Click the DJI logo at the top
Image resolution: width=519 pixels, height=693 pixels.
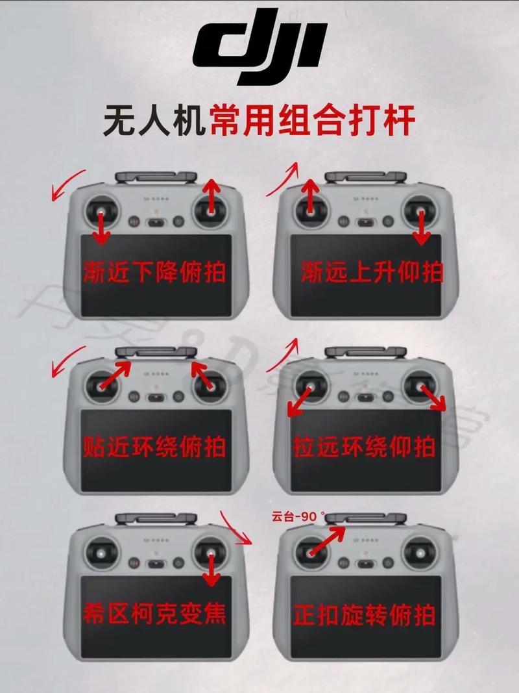(260, 53)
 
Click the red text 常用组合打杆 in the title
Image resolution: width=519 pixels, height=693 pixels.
(312, 121)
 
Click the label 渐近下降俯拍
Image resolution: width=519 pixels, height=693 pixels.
(154, 272)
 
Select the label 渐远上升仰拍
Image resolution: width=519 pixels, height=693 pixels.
(372, 272)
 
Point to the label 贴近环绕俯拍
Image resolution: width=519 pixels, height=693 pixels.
(154, 447)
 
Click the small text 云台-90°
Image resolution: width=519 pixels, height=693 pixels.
(298, 517)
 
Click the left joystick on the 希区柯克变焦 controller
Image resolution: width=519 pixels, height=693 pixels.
(101, 553)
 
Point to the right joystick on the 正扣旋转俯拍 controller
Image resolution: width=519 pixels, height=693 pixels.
(420, 553)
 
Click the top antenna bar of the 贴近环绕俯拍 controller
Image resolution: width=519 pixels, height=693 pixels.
(156, 353)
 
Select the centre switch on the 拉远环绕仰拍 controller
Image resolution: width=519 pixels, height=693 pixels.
(366, 398)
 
